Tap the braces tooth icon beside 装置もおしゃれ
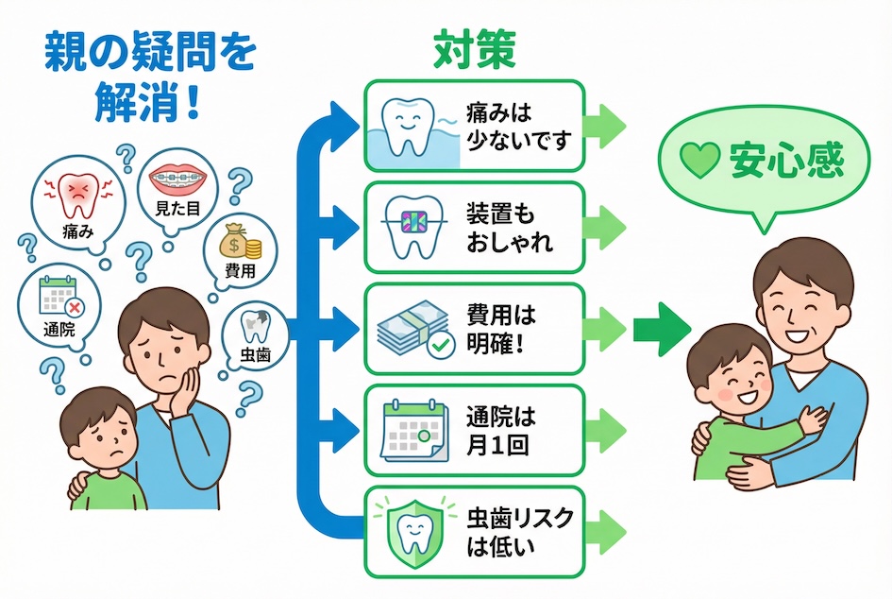coord(410,227)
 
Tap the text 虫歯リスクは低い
coord(520,530)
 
